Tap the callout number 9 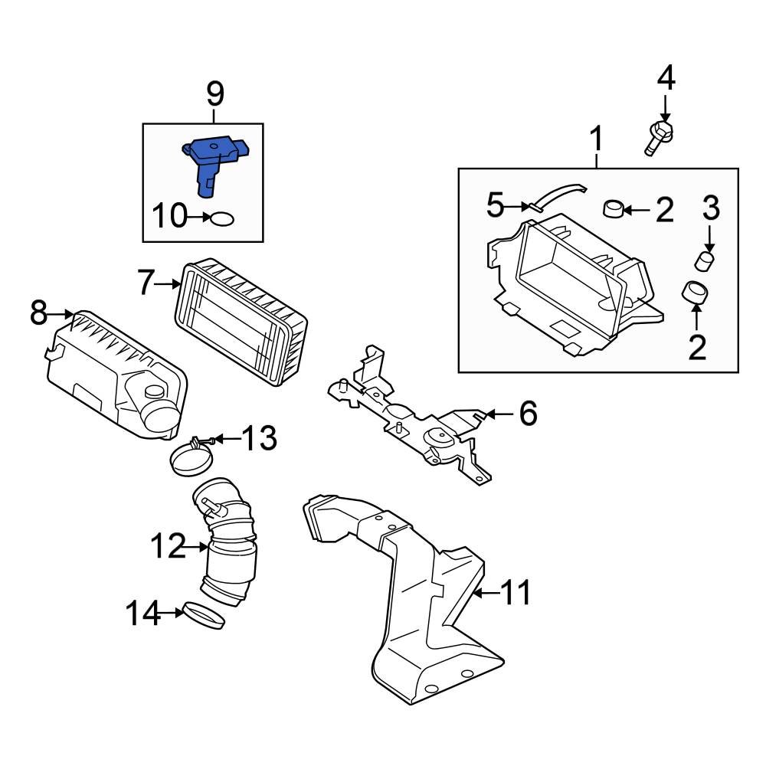215,94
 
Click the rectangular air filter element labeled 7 241,322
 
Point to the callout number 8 39,313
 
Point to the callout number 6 528,414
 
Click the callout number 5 496,205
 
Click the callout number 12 168,547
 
